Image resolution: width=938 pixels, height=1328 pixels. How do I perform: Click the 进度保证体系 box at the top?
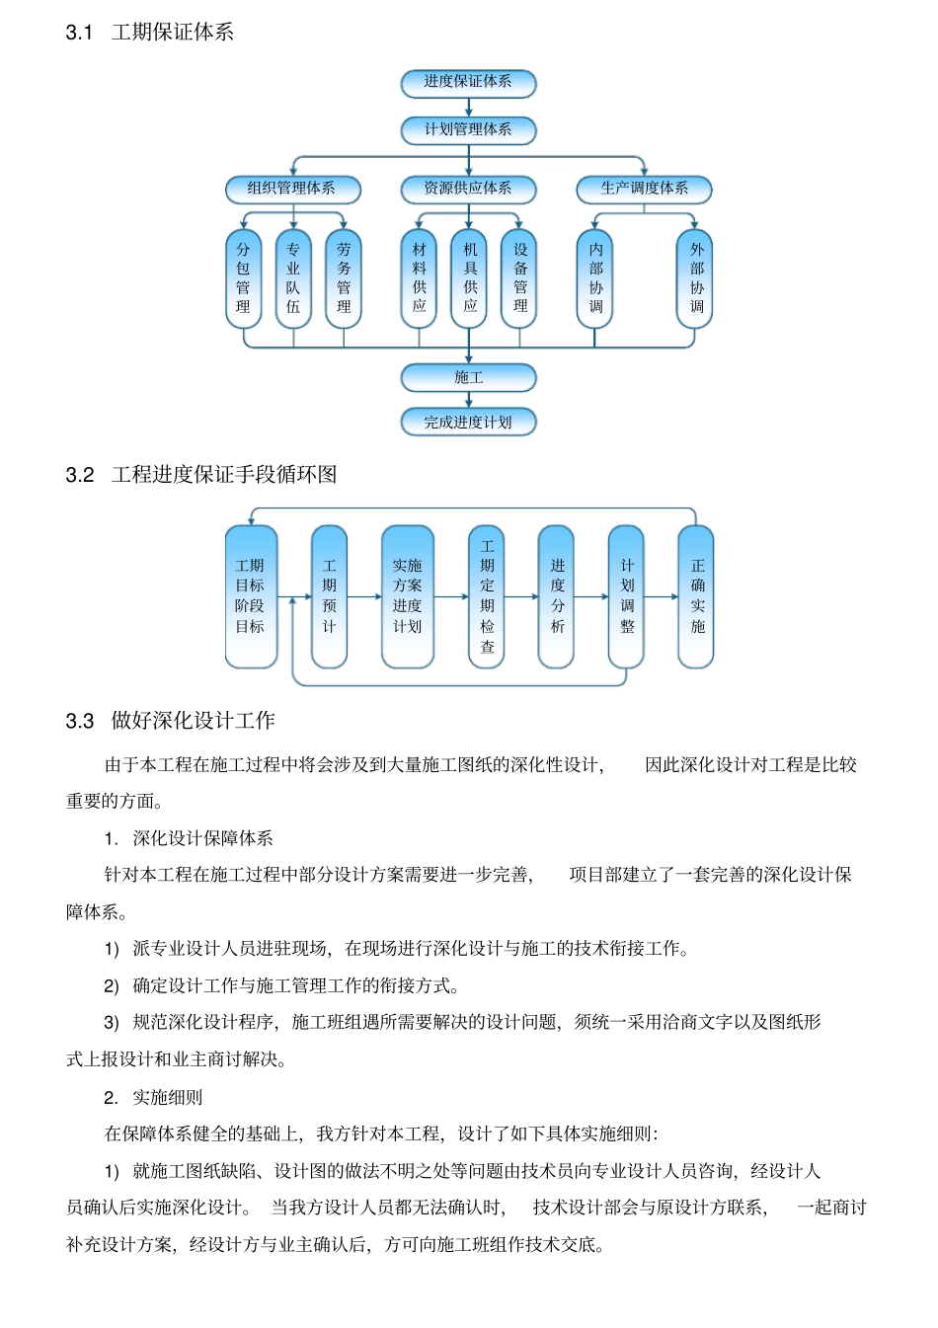click(x=468, y=83)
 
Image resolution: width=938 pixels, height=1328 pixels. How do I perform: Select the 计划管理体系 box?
click(x=468, y=130)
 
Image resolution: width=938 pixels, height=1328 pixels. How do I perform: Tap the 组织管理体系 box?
click(x=291, y=189)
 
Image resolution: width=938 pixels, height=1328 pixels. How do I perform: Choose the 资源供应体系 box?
click(x=468, y=189)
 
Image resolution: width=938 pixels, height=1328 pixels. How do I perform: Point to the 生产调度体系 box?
click(x=644, y=189)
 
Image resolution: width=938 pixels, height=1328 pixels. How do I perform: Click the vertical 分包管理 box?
click(x=243, y=278)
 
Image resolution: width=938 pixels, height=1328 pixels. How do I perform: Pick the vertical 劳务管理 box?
click(x=344, y=278)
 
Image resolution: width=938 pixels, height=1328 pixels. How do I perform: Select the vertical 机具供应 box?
click(x=470, y=278)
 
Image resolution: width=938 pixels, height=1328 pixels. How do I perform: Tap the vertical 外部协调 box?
click(x=696, y=278)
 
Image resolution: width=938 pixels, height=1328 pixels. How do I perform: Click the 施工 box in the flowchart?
click(x=468, y=377)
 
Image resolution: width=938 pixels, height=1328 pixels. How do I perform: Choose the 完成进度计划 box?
click(x=468, y=423)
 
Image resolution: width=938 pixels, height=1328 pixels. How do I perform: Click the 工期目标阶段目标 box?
click(x=250, y=596)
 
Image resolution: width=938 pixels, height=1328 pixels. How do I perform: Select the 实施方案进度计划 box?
click(x=407, y=596)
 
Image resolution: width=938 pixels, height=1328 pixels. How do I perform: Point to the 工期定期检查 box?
click(x=487, y=596)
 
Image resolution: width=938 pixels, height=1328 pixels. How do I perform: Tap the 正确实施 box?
click(x=697, y=596)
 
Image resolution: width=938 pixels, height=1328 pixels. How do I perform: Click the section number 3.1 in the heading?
click(x=79, y=33)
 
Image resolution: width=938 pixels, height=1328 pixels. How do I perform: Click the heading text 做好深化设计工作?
click(x=193, y=721)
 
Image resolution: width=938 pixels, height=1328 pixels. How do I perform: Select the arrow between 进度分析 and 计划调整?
click(x=591, y=596)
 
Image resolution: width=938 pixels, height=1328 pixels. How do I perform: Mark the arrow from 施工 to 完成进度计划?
click(x=468, y=400)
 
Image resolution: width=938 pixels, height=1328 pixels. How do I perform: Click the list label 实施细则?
click(x=168, y=1097)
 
